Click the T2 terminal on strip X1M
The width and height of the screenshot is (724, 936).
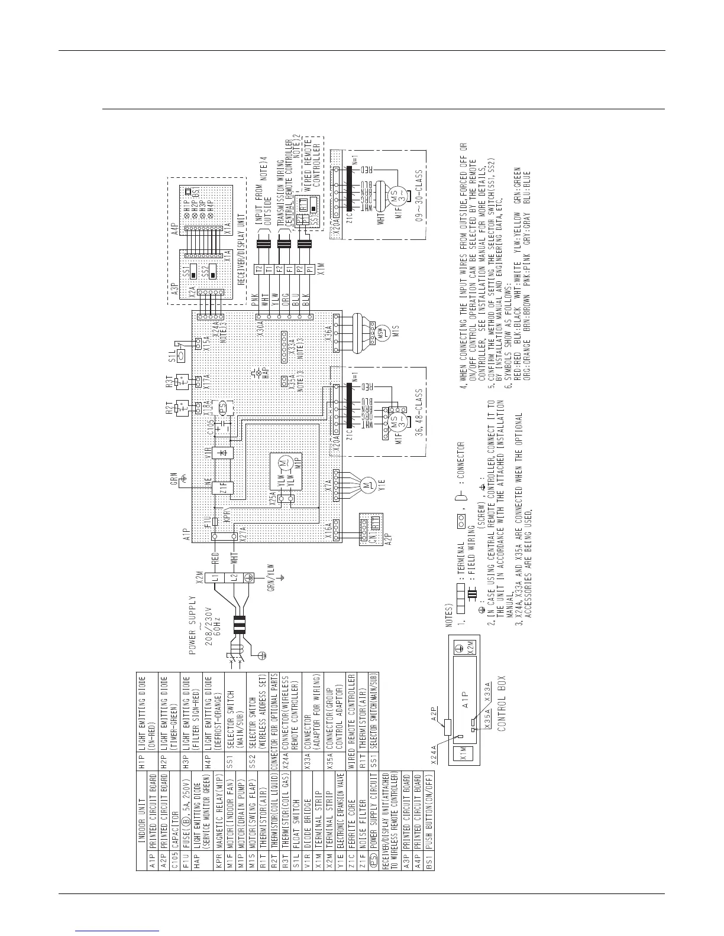(258, 269)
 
